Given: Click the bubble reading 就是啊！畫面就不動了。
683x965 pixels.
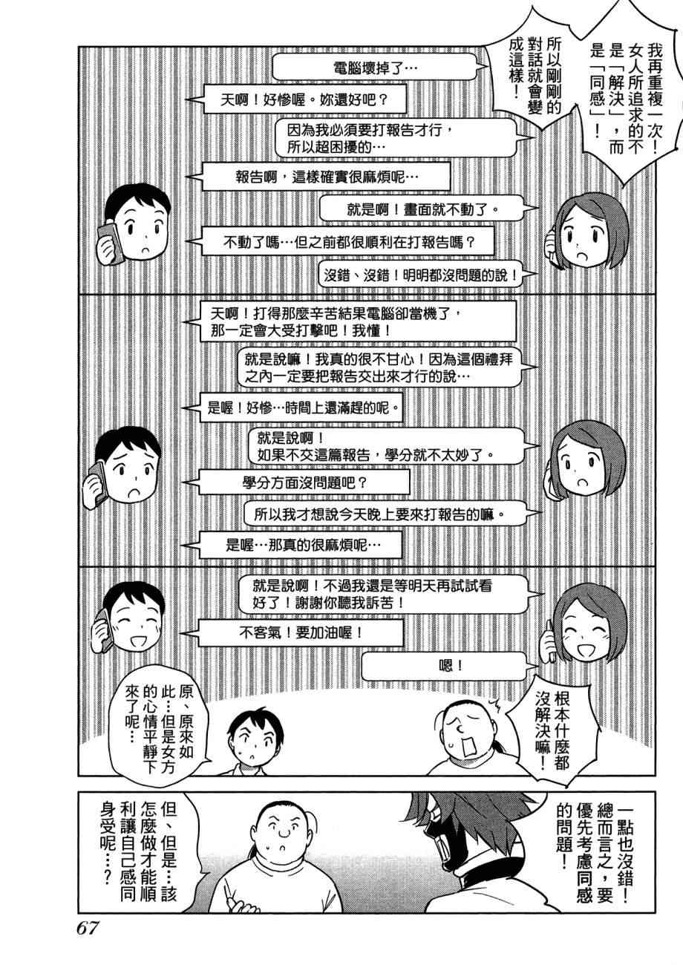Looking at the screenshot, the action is (420, 209).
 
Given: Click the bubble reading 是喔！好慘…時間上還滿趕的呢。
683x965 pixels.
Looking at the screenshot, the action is (305, 407).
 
